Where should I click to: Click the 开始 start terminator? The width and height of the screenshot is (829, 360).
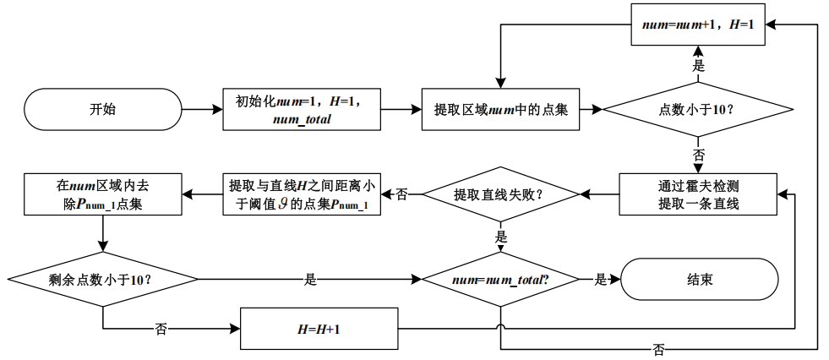click(103, 109)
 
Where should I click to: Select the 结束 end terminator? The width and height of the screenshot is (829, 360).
click(699, 280)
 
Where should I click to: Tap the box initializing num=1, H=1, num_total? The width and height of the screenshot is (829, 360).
click(303, 109)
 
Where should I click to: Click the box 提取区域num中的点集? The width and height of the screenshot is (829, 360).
click(500, 109)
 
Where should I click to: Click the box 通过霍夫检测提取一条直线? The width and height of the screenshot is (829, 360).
click(698, 194)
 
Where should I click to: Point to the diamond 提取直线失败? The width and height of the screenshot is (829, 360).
click(500, 194)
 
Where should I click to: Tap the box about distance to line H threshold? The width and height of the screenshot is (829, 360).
click(303, 194)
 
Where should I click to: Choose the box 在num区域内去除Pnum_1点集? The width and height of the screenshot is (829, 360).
click(103, 194)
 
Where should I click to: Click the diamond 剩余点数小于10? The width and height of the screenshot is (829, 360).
click(103, 280)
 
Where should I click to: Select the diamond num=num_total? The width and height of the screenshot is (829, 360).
click(500, 280)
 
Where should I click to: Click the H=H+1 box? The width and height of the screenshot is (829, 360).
click(319, 328)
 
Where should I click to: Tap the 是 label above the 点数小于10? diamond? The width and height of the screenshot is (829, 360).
click(698, 64)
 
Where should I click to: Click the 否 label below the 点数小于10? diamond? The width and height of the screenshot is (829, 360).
click(698, 155)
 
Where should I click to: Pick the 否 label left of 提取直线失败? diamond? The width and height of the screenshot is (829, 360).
click(401, 194)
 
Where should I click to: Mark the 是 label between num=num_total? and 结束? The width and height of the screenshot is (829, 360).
click(601, 280)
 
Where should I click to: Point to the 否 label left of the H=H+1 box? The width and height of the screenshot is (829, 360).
click(161, 328)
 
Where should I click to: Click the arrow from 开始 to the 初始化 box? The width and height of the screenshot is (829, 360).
click(202, 109)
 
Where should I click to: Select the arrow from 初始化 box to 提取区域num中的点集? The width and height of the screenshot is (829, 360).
click(401, 109)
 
